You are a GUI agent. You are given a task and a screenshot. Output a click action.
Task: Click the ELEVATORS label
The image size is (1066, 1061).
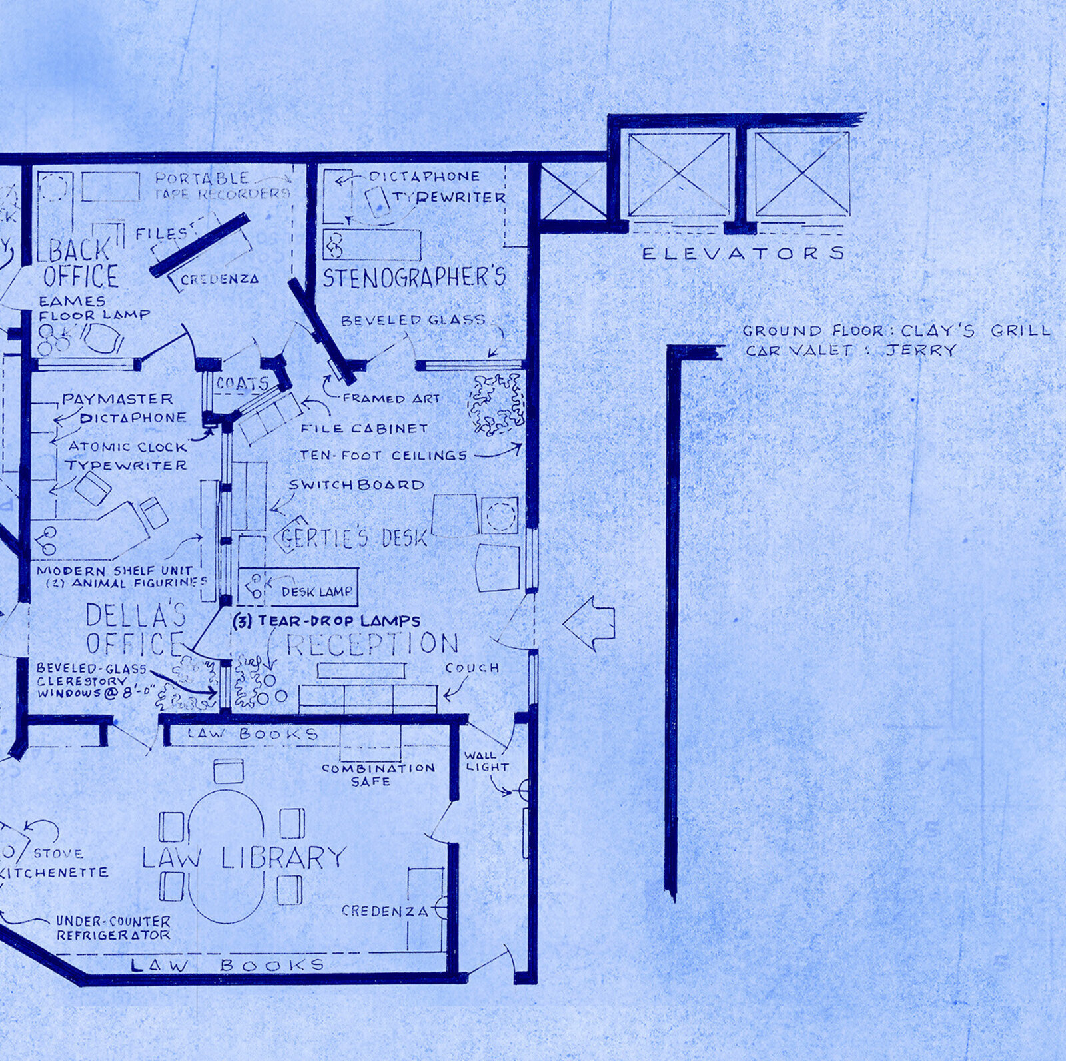tap(743, 253)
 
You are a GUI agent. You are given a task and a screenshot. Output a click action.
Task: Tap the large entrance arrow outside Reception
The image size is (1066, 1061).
tap(589, 623)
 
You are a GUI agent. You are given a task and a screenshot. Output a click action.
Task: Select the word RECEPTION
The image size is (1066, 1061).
tap(372, 643)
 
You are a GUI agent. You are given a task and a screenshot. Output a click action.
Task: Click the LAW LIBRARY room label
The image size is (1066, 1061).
tap(244, 857)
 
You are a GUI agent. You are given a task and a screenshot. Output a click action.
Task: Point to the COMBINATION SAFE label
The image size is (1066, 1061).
tap(378, 774)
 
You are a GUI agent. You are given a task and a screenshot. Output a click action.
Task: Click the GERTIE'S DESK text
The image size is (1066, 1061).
tap(354, 537)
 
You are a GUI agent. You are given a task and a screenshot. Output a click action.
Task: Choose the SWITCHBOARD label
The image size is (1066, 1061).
tap(356, 484)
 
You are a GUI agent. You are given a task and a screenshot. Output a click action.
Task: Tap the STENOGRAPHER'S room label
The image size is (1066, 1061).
tap(414, 277)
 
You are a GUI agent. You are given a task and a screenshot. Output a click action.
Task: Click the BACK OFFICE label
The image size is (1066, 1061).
tap(81, 263)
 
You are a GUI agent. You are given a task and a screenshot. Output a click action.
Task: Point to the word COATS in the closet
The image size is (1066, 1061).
tap(242, 384)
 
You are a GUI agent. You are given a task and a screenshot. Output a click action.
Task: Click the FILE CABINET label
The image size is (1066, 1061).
tap(364, 428)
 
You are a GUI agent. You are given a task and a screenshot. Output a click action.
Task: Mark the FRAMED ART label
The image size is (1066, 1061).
tap(391, 398)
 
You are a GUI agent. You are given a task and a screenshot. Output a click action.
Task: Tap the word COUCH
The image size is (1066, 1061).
tap(472, 667)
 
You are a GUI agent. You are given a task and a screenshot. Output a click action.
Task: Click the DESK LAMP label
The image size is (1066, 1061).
tap(316, 591)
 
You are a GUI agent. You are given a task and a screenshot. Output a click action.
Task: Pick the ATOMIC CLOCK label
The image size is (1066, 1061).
tap(119, 446)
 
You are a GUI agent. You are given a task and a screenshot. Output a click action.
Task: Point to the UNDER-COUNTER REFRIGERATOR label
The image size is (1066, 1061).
tap(113, 928)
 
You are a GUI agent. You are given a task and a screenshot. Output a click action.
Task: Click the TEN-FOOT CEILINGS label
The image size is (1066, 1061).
tap(383, 456)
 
